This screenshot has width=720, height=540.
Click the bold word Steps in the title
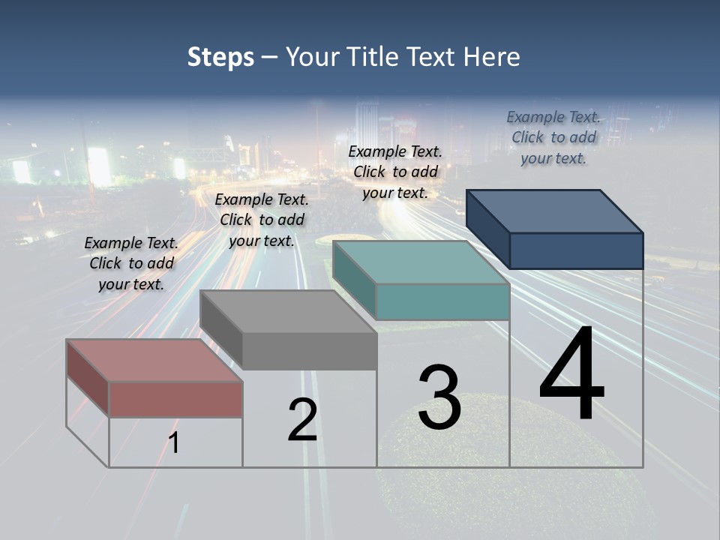220,57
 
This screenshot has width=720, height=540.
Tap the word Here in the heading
491,57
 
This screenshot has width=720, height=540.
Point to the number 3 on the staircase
439,397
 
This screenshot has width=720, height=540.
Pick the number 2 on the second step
302,420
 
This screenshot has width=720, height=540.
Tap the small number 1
174,442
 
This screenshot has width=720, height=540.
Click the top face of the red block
154,360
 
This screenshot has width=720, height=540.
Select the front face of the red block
175,399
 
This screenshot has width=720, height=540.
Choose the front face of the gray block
309,351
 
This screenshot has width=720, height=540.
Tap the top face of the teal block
420,262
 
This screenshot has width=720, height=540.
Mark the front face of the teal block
442,301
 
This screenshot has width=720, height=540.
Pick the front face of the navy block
576,250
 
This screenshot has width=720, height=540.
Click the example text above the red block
131,263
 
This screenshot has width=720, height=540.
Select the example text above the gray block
262,220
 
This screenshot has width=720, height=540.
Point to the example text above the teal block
395,172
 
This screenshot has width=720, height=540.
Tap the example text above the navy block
553,137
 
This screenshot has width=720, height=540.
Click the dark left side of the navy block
487,229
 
